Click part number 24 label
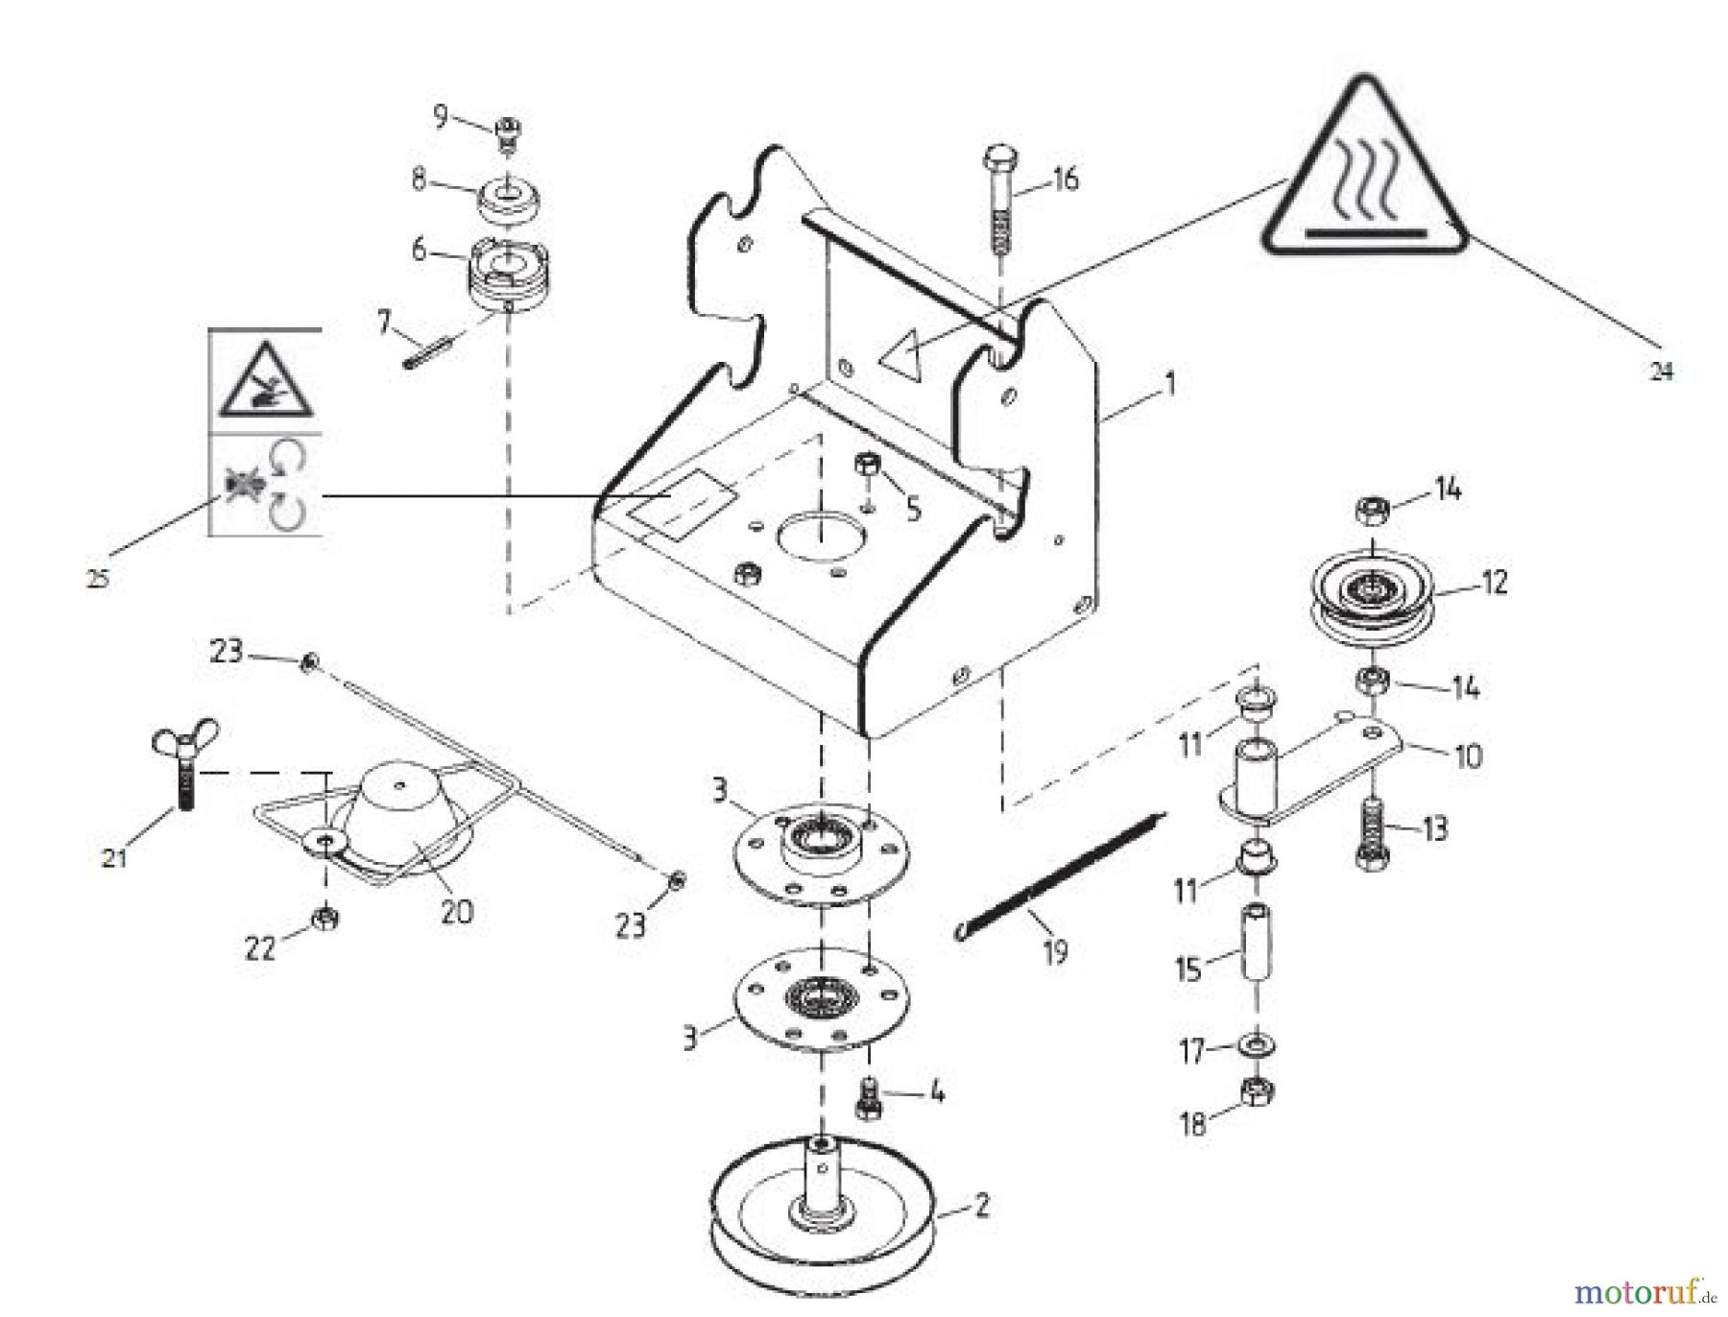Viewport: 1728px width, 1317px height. tap(1661, 371)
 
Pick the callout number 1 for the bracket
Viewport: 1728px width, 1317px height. tap(1168, 385)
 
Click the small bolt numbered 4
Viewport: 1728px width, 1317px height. tap(868, 1096)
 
